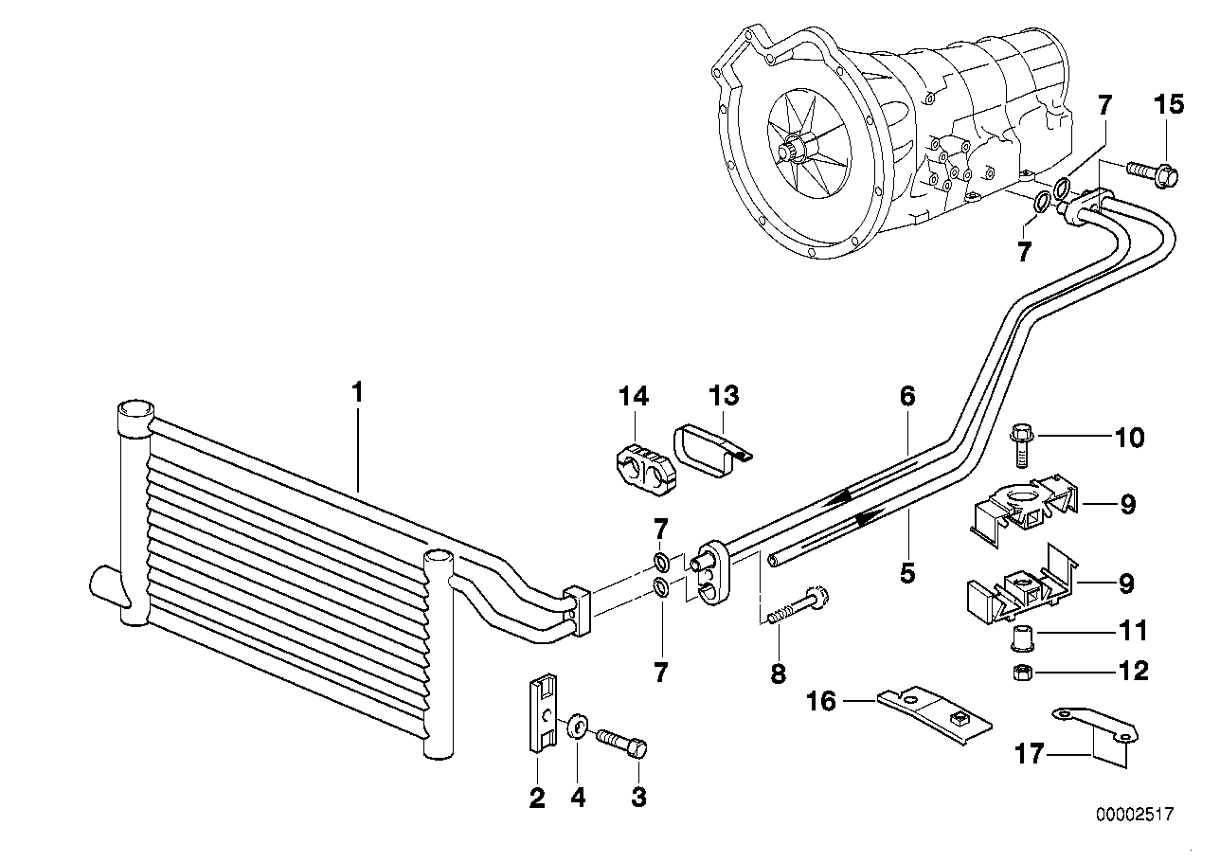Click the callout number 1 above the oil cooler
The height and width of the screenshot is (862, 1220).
(x=357, y=391)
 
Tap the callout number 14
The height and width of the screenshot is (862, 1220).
(x=635, y=396)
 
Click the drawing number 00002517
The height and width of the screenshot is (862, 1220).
(x=1134, y=815)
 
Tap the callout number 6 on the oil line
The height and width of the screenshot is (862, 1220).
(x=907, y=396)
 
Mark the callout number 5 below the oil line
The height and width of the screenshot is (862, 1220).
(x=907, y=574)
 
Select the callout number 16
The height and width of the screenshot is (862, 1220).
(x=822, y=701)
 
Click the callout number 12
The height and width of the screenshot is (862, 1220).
(x=1132, y=672)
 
